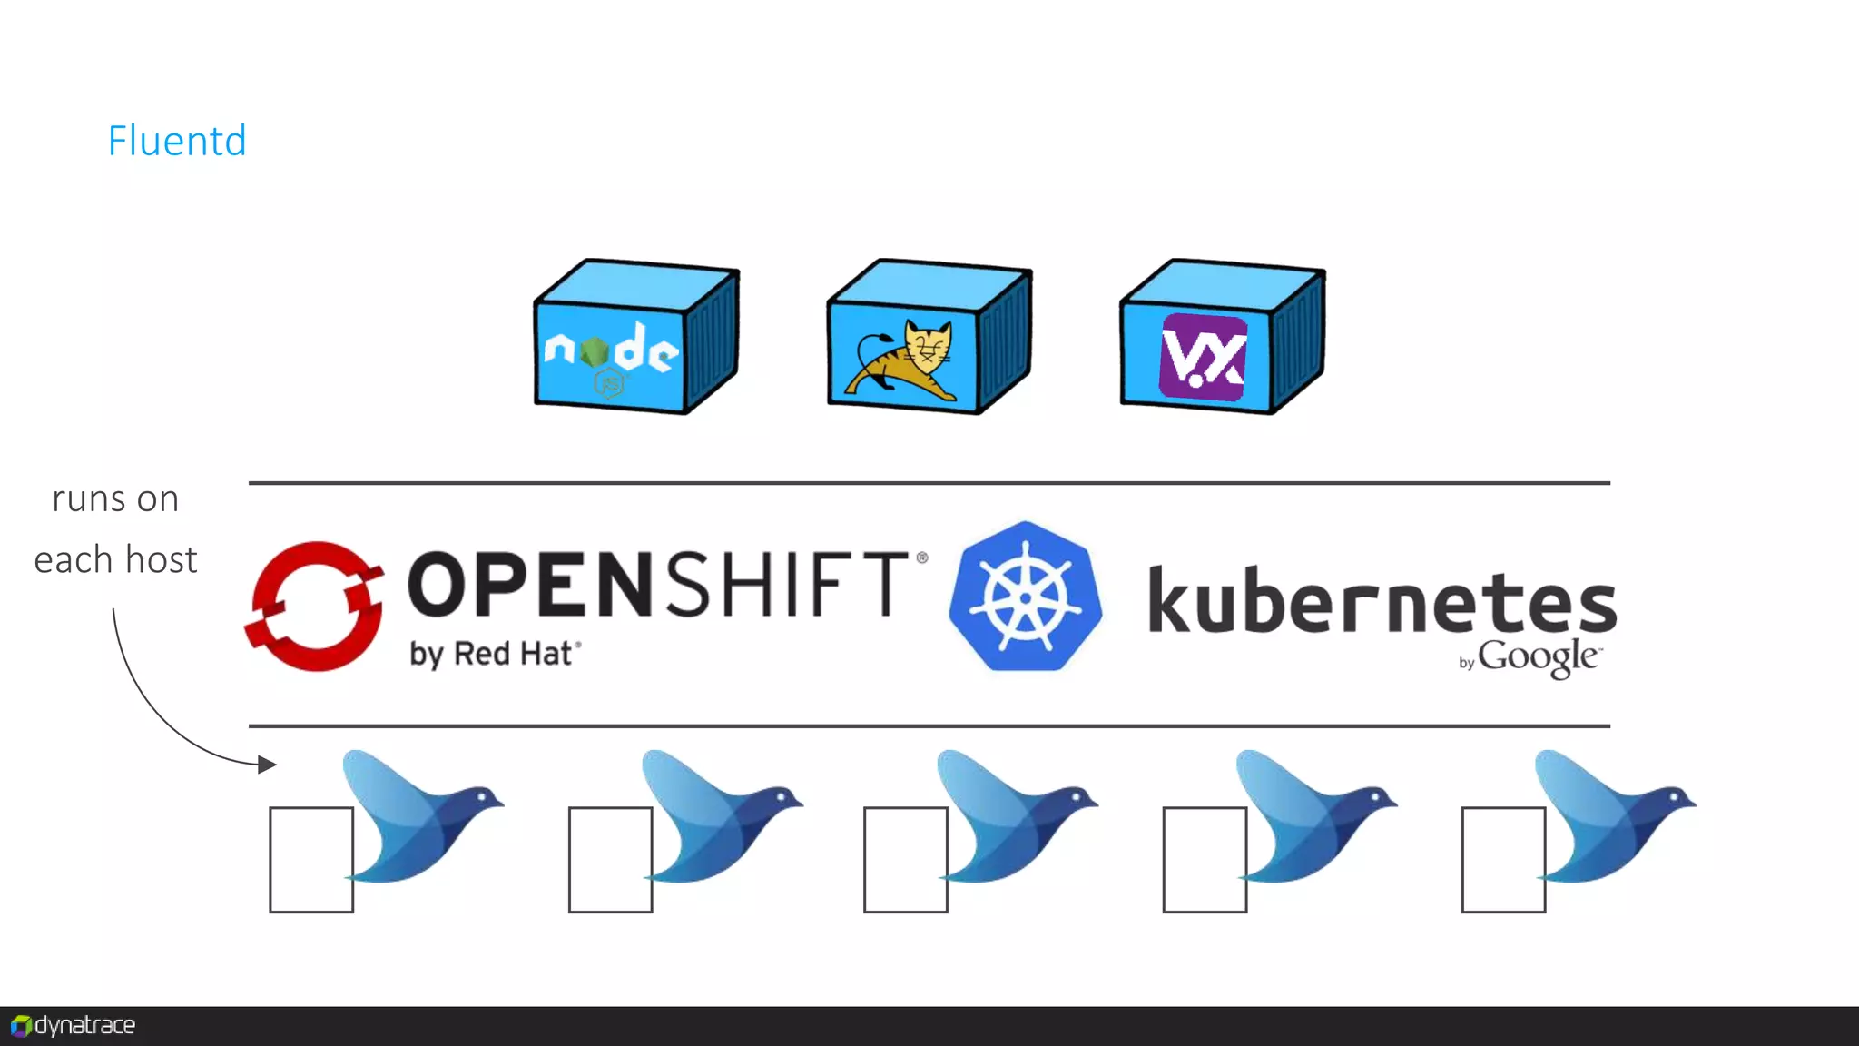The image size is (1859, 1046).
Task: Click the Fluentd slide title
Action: [x=177, y=141]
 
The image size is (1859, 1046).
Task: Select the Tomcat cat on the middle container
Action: [x=904, y=361]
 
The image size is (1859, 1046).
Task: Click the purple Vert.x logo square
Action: [x=1204, y=357]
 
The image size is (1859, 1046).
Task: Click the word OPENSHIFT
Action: [x=658, y=585]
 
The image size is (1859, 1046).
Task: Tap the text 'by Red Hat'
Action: [x=494, y=654]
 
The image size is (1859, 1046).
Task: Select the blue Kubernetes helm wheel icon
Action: [x=1026, y=597]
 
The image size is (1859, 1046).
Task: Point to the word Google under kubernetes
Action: [x=1538, y=656]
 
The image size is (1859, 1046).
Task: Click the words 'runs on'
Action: [x=115, y=499]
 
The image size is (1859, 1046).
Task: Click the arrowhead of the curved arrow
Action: [x=267, y=765]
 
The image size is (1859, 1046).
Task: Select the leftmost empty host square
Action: [x=311, y=859]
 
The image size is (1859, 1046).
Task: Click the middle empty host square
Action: [x=906, y=859]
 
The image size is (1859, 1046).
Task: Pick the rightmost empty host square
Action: [x=1503, y=859]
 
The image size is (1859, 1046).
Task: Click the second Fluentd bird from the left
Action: [x=717, y=817]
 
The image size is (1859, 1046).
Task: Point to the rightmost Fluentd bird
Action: [x=1611, y=817]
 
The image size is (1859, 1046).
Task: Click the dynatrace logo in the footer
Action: [x=74, y=1026]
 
